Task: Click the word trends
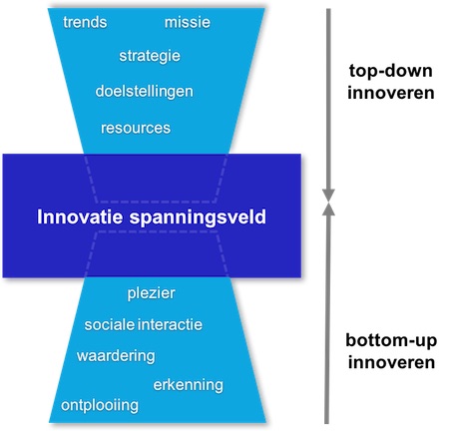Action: click(x=85, y=22)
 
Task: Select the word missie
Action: click(x=188, y=22)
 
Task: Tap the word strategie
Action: click(x=150, y=56)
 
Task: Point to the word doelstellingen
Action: click(x=144, y=92)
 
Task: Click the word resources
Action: click(x=136, y=128)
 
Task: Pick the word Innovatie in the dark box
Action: click(x=80, y=216)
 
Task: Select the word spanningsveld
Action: click(x=198, y=217)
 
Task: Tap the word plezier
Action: click(x=152, y=293)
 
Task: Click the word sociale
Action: click(x=110, y=324)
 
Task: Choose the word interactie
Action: click(x=170, y=324)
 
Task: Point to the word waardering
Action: click(x=116, y=356)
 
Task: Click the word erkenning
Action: click(x=189, y=385)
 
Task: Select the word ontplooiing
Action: click(x=100, y=406)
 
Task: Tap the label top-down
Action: click(x=391, y=71)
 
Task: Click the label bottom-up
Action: click(x=391, y=340)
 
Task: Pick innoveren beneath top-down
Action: click(x=391, y=93)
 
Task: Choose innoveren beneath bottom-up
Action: click(x=391, y=362)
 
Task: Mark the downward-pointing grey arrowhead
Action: click(x=328, y=196)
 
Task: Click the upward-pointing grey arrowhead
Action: click(x=328, y=209)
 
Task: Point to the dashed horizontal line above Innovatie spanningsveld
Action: click(x=156, y=202)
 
